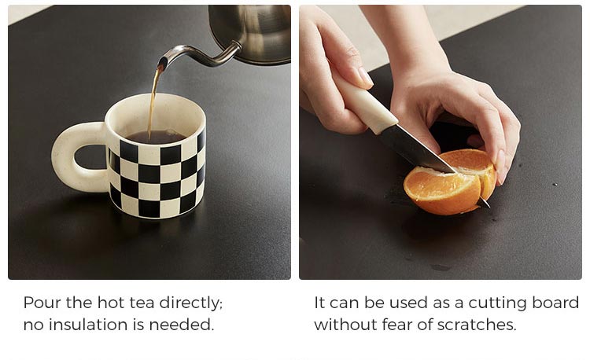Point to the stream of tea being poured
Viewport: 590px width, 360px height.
pyautogui.click(x=153, y=101)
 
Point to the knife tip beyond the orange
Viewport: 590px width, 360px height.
pyautogui.click(x=485, y=204)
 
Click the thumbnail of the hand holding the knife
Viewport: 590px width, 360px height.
pyautogui.click(x=364, y=76)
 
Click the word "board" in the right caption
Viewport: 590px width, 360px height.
pyautogui.click(x=555, y=303)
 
